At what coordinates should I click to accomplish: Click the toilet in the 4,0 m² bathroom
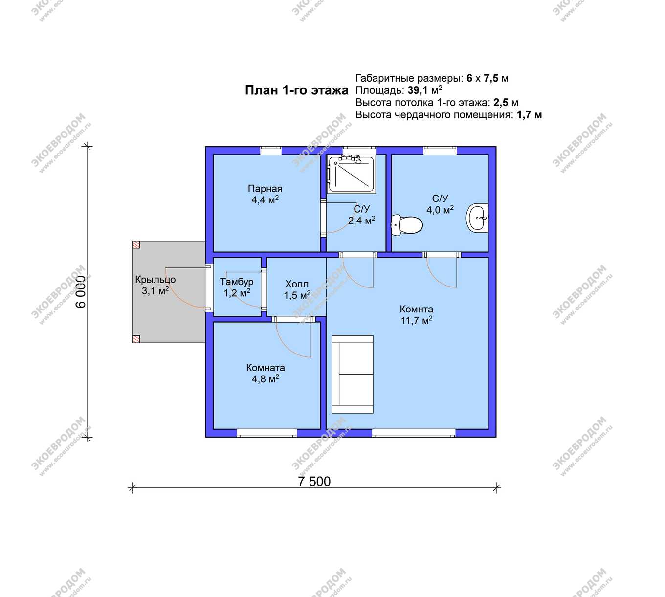click(x=407, y=225)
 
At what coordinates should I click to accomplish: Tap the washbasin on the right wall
click(x=477, y=218)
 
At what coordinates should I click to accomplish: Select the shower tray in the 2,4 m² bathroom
click(x=351, y=174)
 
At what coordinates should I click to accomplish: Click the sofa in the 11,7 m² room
click(x=353, y=374)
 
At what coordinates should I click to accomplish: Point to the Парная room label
click(x=265, y=188)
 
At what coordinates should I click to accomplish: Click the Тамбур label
click(x=237, y=282)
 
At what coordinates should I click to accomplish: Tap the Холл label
click(x=297, y=284)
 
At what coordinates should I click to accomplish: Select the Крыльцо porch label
click(x=155, y=280)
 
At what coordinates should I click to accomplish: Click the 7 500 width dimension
click(x=314, y=482)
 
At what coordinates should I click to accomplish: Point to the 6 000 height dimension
click(x=81, y=292)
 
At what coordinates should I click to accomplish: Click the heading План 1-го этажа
click(x=297, y=90)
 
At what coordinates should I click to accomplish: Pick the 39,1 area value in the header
click(x=418, y=90)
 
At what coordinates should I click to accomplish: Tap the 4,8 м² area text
click(x=266, y=379)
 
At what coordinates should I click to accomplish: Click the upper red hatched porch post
click(x=136, y=244)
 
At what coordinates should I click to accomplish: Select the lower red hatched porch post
click(x=136, y=339)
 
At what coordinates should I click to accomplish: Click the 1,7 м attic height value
click(x=529, y=115)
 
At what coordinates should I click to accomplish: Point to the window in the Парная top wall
click(x=271, y=150)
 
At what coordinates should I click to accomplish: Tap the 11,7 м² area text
click(x=416, y=320)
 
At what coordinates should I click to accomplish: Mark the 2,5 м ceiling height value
click(x=506, y=102)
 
